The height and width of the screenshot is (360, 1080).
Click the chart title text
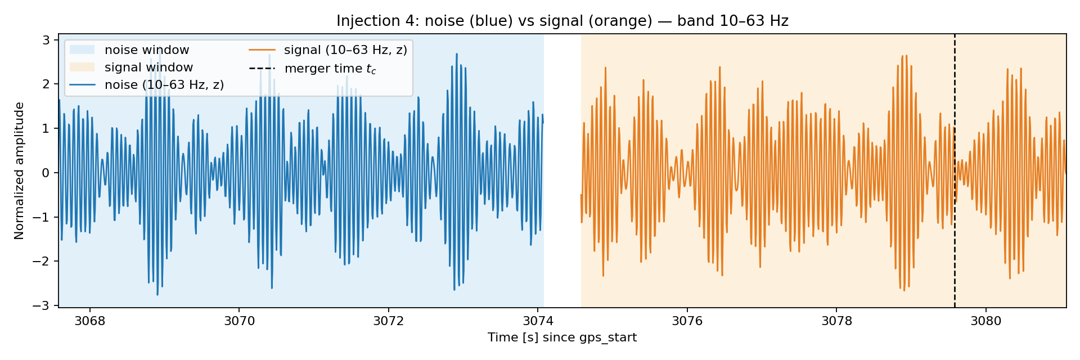coord(562,21)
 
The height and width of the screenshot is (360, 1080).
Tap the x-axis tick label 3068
coord(89,321)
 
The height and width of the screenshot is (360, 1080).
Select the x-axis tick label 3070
coord(239,321)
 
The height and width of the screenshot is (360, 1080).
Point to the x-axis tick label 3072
coord(389,321)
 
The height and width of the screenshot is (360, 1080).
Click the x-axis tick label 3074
coord(538,321)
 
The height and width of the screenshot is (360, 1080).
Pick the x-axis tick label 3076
coord(687,321)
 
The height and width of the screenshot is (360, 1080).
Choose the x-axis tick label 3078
coord(836,321)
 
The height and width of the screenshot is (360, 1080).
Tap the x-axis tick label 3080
coord(986,321)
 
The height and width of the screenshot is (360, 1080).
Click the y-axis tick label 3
coord(46,40)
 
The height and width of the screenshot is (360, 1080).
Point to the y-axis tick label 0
coord(46,173)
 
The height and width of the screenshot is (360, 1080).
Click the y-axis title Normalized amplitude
coord(20,171)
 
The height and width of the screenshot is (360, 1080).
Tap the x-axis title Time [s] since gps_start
coord(562,337)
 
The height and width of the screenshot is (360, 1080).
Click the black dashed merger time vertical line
coord(955,171)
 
